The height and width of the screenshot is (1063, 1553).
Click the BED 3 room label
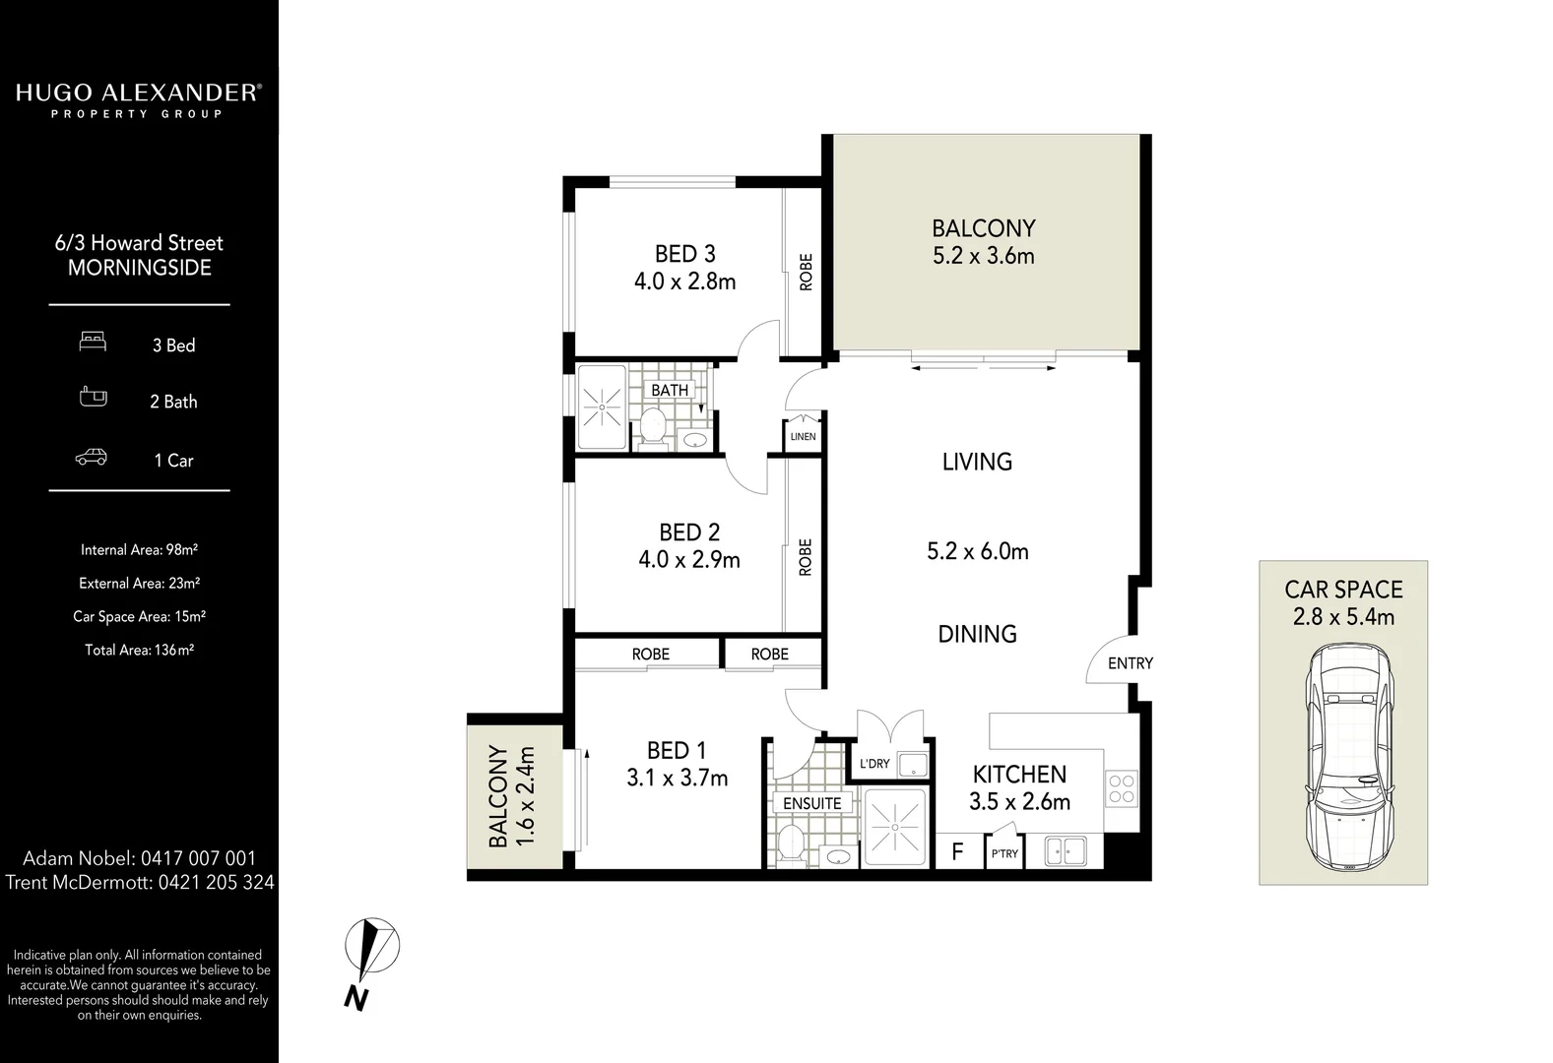tap(684, 254)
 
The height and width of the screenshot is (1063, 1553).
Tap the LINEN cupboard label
tap(803, 436)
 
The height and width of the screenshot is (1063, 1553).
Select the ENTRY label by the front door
tap(1130, 663)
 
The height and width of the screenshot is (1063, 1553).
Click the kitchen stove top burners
tap(1122, 788)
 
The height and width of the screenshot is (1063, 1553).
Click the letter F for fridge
tap(957, 851)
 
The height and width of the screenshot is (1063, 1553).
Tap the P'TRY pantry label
tap(1004, 853)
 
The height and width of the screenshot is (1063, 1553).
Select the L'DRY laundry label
tap(874, 764)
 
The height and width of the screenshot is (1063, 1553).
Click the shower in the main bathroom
tap(600, 406)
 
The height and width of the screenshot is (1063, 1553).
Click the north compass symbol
tap(371, 949)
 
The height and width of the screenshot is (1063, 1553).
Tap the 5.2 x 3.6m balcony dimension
tap(983, 256)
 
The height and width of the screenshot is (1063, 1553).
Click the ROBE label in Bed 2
tap(806, 557)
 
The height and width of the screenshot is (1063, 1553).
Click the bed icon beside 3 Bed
tap(93, 342)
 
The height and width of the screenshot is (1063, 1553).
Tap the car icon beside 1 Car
tap(92, 458)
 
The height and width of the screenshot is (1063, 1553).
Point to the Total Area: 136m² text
tap(139, 650)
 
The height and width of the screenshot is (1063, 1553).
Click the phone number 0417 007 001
tap(198, 858)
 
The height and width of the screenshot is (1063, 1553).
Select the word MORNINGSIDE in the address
tap(139, 268)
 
